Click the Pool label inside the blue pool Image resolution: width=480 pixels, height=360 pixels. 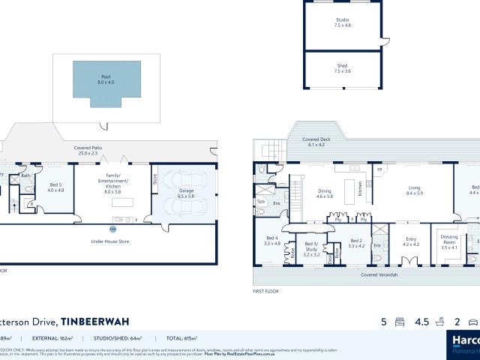click(105, 79)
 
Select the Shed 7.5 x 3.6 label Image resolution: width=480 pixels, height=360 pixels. click(341, 69)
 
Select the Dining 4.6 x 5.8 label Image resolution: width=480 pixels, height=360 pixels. click(324, 192)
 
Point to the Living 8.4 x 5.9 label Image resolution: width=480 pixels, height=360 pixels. click(414, 190)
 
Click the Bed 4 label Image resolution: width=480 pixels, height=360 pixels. click(271, 241)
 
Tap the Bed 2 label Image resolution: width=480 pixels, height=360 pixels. click(356, 243)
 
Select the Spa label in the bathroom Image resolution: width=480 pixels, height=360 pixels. click(262, 202)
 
